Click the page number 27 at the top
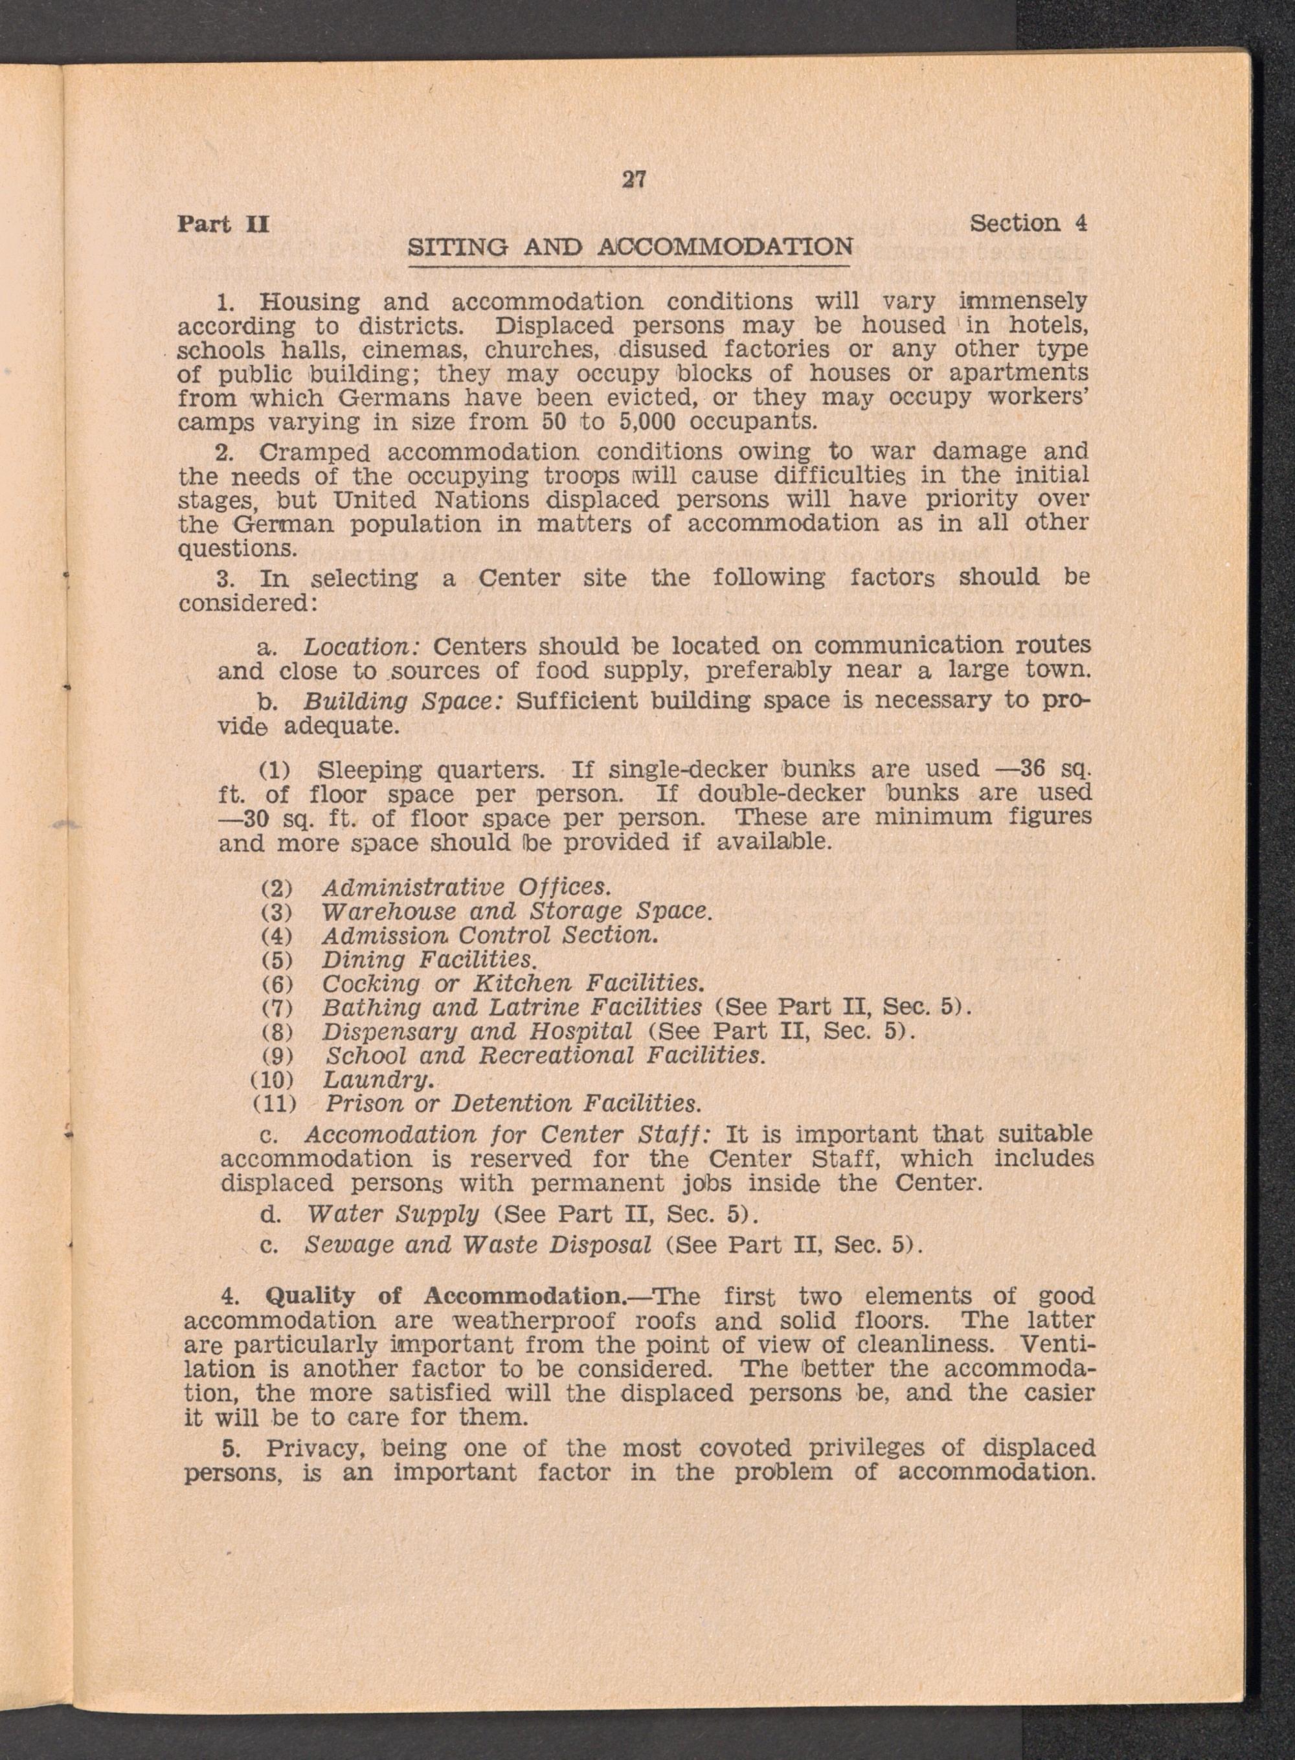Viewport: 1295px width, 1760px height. [x=633, y=179]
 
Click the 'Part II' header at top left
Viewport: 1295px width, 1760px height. [x=223, y=224]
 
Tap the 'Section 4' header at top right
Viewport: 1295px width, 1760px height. [x=1028, y=223]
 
